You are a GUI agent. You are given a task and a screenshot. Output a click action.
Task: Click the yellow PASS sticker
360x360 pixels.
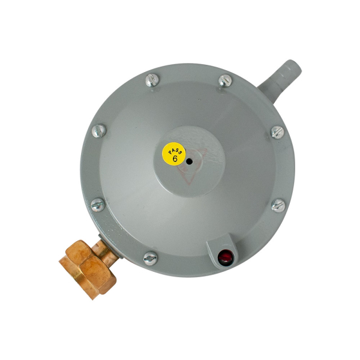tap(174, 154)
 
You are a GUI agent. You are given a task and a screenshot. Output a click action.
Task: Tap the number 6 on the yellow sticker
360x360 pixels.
tap(175, 158)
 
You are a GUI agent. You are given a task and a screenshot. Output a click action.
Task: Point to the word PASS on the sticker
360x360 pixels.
tap(175, 149)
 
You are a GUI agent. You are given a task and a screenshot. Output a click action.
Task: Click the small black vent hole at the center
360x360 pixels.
tap(189, 161)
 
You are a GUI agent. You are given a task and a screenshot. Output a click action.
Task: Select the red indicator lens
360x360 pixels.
tap(225, 257)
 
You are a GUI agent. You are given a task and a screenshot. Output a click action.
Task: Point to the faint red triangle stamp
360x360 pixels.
tap(191, 166)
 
